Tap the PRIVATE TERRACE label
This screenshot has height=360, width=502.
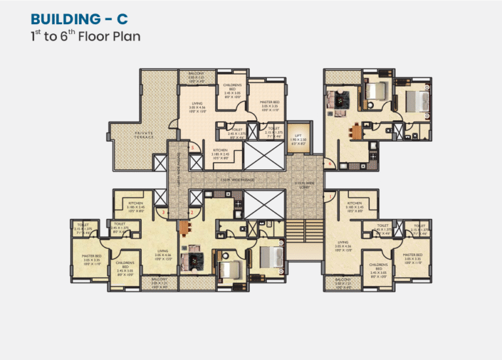[144, 135]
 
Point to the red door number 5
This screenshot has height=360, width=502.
[192, 148]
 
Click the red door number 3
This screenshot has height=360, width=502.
[165, 212]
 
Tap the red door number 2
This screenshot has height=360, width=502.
[191, 212]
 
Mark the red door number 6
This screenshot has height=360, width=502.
[331, 163]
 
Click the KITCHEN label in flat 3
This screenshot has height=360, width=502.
[135, 206]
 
